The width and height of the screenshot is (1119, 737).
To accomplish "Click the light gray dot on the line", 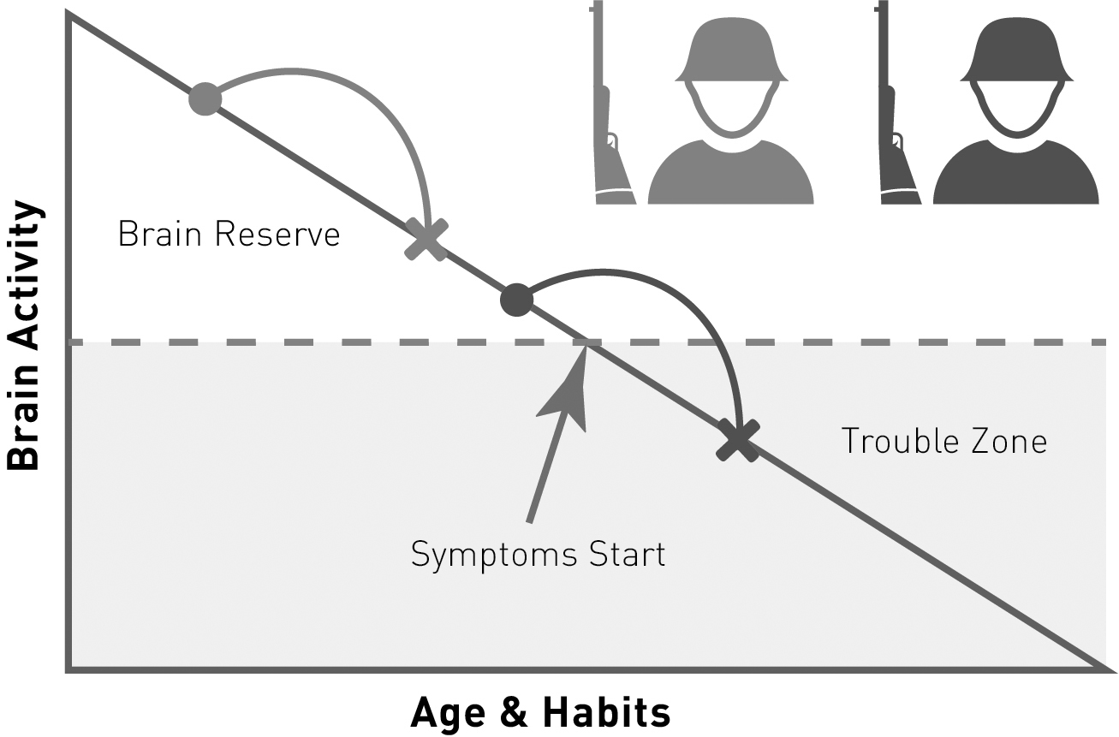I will point(205,99).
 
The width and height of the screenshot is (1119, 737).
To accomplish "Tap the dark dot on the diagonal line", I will point(515,299).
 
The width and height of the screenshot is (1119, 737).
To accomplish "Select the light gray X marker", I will point(426,239).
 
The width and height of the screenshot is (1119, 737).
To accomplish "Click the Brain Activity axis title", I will point(23,336).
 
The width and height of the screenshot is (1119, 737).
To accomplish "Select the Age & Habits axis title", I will point(540,712).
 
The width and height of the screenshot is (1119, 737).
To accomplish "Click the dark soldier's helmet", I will point(1015,51).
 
